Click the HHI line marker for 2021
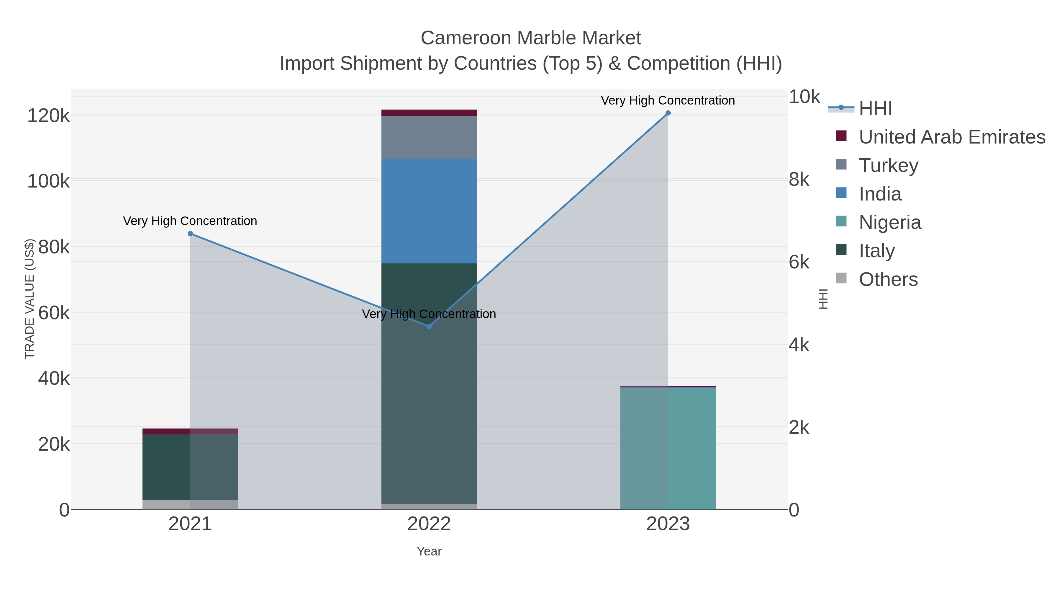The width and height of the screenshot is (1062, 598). [x=190, y=234]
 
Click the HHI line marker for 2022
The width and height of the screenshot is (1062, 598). [x=429, y=326]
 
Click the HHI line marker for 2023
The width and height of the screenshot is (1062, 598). [x=668, y=113]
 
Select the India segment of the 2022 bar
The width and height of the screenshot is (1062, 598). [x=429, y=211]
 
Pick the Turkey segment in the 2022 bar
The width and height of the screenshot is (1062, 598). [x=429, y=137]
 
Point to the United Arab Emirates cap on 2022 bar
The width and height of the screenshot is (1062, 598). [x=429, y=113]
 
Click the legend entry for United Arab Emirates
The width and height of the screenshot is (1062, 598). [x=951, y=137]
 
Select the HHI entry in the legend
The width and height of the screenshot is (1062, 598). [x=875, y=109]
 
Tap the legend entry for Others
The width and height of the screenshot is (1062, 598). [x=888, y=279]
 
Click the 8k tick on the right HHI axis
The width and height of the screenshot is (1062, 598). [x=799, y=180]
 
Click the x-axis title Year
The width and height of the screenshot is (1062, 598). [x=429, y=551]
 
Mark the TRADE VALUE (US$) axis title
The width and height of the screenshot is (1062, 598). [x=30, y=299]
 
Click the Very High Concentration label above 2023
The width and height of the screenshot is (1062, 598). [x=668, y=100]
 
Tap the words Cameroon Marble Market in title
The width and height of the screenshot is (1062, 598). [x=531, y=38]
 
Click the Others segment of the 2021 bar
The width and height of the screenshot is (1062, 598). [x=190, y=504]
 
